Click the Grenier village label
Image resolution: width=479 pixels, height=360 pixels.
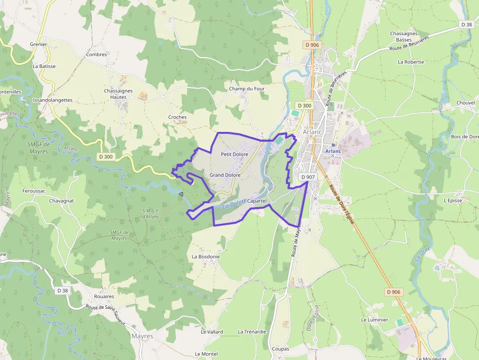38,44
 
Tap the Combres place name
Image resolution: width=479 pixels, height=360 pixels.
96,55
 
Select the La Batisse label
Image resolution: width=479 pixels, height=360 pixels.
44,66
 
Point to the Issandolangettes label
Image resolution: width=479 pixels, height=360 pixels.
52,100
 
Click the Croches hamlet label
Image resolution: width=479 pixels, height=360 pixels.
177,117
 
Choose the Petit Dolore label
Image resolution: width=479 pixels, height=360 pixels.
235,154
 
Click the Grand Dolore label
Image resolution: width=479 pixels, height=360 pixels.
225,175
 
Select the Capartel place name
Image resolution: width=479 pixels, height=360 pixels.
257,201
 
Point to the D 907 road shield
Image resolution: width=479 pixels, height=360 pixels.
307,177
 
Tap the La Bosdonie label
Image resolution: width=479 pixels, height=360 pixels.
206,256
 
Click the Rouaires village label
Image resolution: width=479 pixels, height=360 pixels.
104,296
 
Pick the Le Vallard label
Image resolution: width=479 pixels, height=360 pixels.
212,332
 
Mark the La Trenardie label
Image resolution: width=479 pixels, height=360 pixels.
252,332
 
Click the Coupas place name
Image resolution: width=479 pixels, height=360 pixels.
281,349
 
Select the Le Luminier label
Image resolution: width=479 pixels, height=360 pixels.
374,320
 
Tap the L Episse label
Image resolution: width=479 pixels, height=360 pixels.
453,200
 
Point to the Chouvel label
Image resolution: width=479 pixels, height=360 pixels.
465,103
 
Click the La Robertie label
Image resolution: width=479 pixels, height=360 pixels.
411,62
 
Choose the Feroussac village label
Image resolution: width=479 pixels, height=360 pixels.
34,191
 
